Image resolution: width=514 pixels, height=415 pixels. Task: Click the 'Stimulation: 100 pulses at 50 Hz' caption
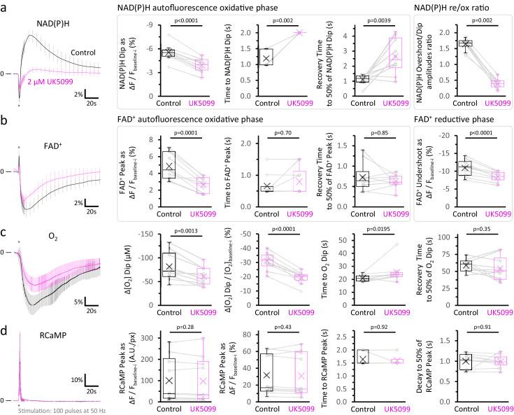click(x=53, y=409)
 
